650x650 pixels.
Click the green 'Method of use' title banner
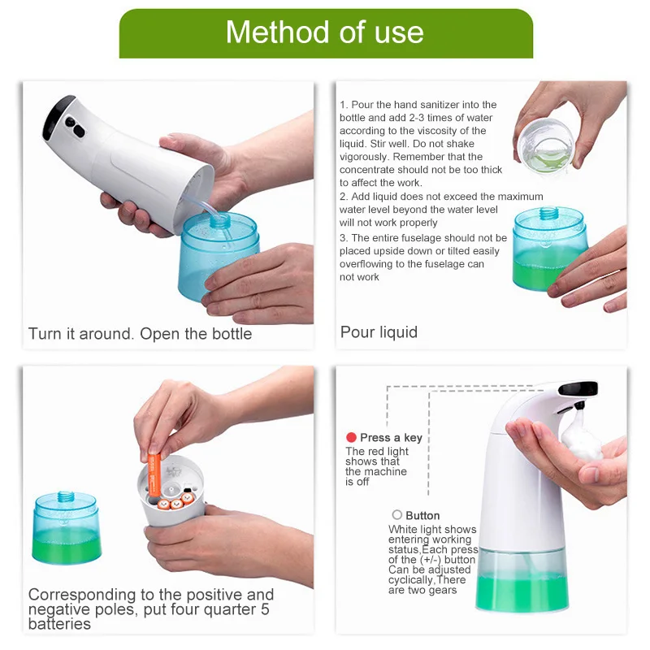click(326, 33)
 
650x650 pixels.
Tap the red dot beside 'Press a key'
click(351, 437)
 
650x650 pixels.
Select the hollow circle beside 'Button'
click(397, 515)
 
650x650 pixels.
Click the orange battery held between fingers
click(154, 475)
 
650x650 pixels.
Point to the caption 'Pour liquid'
click(379, 332)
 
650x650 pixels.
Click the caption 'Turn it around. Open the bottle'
click(140, 334)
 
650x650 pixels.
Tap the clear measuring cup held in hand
click(545, 146)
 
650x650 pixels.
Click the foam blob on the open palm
click(581, 435)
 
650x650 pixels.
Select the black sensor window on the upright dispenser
click(578, 388)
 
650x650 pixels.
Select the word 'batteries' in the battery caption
click(59, 624)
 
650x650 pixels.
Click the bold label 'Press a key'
click(391, 438)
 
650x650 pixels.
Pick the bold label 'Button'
click(422, 515)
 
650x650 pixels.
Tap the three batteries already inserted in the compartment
click(175, 500)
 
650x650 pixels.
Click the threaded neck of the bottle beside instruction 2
click(548, 213)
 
